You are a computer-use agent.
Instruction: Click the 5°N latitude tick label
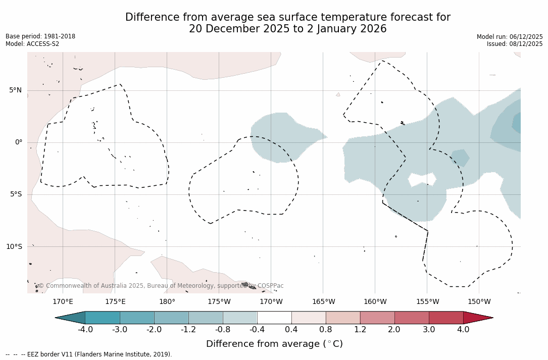[15, 90]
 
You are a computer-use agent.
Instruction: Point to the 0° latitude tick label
[18, 142]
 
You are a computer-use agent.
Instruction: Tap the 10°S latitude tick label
[14, 247]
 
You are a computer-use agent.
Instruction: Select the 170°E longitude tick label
[63, 302]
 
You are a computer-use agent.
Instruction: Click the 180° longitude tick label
[167, 302]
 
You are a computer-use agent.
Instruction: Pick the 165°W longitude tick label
[323, 302]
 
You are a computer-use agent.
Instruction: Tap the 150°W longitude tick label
[479, 302]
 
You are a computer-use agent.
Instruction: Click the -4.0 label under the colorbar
[85, 330]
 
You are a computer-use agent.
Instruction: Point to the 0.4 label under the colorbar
[291, 330]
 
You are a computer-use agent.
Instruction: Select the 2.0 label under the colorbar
[394, 330]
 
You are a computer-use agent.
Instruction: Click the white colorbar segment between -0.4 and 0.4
[274, 318]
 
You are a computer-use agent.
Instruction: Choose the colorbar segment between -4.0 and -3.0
[103, 318]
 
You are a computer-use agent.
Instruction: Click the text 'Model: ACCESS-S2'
[32, 44]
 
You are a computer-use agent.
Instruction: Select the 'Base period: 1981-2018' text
[40, 36]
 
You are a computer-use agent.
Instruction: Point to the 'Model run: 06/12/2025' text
[510, 37]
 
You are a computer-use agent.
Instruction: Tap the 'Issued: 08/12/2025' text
[515, 44]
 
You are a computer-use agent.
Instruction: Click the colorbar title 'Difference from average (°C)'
[274, 344]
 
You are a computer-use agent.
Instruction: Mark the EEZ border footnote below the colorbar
[89, 354]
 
